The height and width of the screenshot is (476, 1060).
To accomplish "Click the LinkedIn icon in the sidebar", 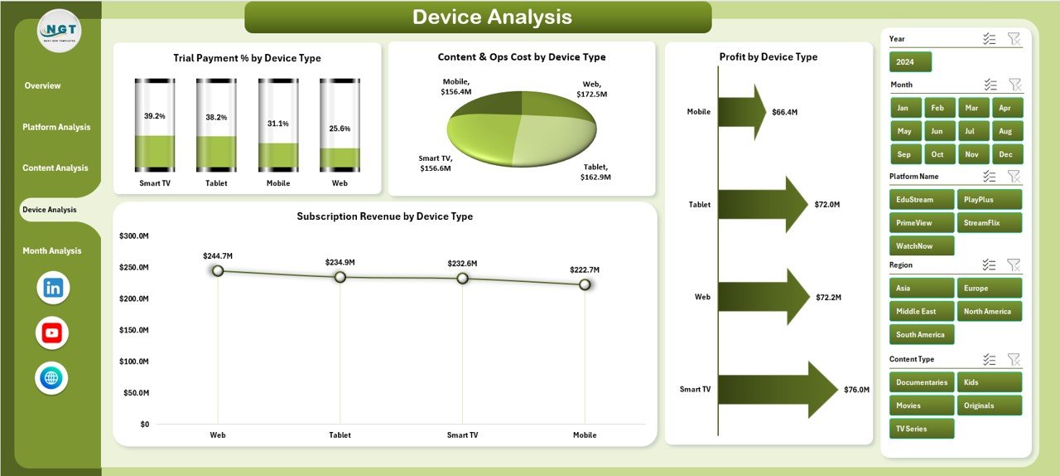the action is coord(53,288).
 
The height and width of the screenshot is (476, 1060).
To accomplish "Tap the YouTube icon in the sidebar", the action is coord(52,333).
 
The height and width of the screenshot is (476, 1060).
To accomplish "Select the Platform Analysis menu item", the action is coord(56,127).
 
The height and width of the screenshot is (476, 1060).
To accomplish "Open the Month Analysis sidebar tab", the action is coord(52,250).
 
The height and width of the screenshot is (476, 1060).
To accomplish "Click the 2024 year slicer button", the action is coord(910,62).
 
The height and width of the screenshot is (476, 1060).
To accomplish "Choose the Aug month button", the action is coord(1005,131).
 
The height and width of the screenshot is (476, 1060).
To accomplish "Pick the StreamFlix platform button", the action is coord(989,222).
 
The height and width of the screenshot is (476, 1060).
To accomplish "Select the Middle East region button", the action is coord(922,311).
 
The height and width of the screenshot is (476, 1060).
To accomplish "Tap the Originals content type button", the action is coord(989,406).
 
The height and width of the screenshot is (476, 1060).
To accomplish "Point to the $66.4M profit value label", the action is coord(784,112).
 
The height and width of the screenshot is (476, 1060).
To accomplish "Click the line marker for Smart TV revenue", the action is coord(462,279).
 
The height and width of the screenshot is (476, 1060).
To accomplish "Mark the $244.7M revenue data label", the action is coord(217,256).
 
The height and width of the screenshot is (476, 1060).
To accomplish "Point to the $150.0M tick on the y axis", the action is coord(133,330).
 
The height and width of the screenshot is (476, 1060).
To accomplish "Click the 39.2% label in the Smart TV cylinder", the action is coord(155,117).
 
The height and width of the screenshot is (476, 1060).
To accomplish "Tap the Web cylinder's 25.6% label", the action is coord(340,129).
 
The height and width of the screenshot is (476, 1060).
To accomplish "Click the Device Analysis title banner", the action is coord(479,17).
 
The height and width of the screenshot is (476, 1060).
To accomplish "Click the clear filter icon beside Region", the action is coord(1013,265).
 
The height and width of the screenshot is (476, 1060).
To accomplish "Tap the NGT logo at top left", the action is coord(59,31).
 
